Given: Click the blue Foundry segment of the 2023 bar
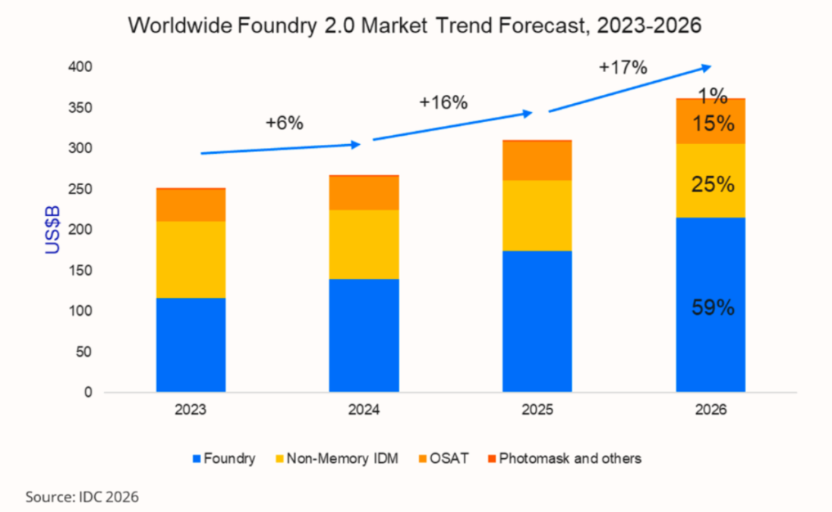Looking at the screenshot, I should [191, 345].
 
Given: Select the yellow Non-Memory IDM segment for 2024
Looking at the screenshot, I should [364, 244].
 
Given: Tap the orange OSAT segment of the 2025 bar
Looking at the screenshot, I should [537, 161].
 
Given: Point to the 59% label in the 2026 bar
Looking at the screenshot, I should [713, 308].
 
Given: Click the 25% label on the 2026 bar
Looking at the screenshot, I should [713, 184].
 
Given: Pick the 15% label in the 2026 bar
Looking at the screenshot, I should [713, 124].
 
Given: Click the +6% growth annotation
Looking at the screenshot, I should [285, 123].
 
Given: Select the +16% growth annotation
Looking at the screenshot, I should [443, 102].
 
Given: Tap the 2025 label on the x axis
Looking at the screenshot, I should [537, 410].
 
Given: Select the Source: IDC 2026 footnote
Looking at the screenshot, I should [82, 498].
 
